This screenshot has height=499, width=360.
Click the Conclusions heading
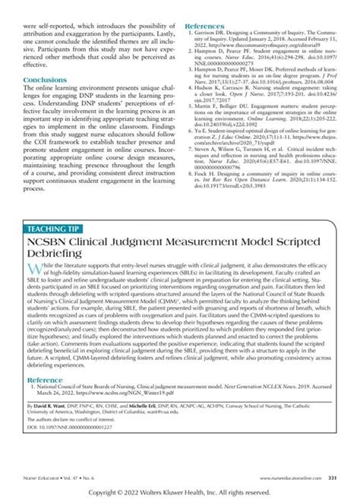45,79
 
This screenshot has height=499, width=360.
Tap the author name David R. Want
57,408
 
